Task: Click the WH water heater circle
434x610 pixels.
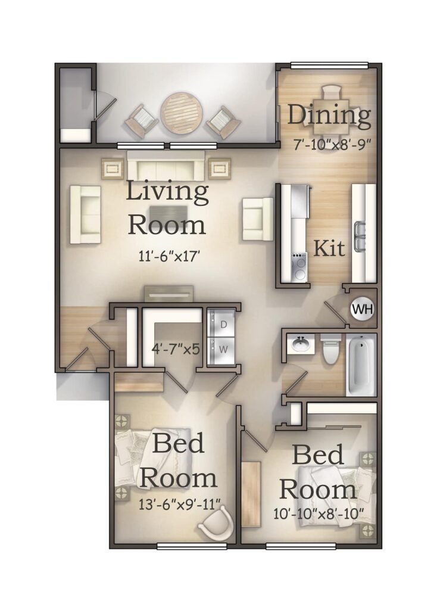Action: (x=363, y=310)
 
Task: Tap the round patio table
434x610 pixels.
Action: (x=182, y=113)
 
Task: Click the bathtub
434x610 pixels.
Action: (x=361, y=365)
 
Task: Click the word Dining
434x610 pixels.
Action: (x=329, y=116)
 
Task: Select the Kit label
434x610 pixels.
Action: (x=329, y=248)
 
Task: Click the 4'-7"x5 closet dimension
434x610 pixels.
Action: (x=176, y=349)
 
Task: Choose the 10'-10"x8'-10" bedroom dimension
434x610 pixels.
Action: (x=318, y=514)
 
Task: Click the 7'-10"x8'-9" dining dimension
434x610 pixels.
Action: (x=330, y=145)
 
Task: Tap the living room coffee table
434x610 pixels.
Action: (x=168, y=214)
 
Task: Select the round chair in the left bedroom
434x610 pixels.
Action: (x=216, y=525)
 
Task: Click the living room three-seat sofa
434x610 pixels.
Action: (x=166, y=166)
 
